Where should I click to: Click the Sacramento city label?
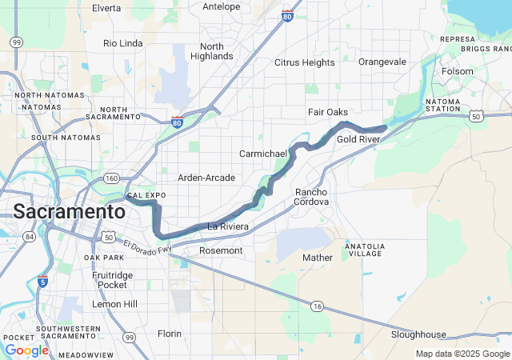point(69,212)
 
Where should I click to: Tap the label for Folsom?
point(458,71)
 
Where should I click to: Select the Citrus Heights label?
point(304,62)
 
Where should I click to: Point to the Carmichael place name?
point(262,153)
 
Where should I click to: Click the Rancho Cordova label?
point(312,197)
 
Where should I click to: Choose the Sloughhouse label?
point(418,334)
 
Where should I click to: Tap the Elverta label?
point(106,8)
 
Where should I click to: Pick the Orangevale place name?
point(382,62)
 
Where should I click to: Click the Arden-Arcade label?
point(206,178)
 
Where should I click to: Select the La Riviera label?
point(228,227)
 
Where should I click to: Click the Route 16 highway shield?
point(317,306)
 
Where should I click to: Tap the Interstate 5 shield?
point(42,281)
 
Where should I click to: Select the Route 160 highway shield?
point(111,178)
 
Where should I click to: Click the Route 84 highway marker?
point(30,236)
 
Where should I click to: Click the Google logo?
point(26,350)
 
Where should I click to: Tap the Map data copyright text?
point(462,354)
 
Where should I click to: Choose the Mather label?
point(317,258)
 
